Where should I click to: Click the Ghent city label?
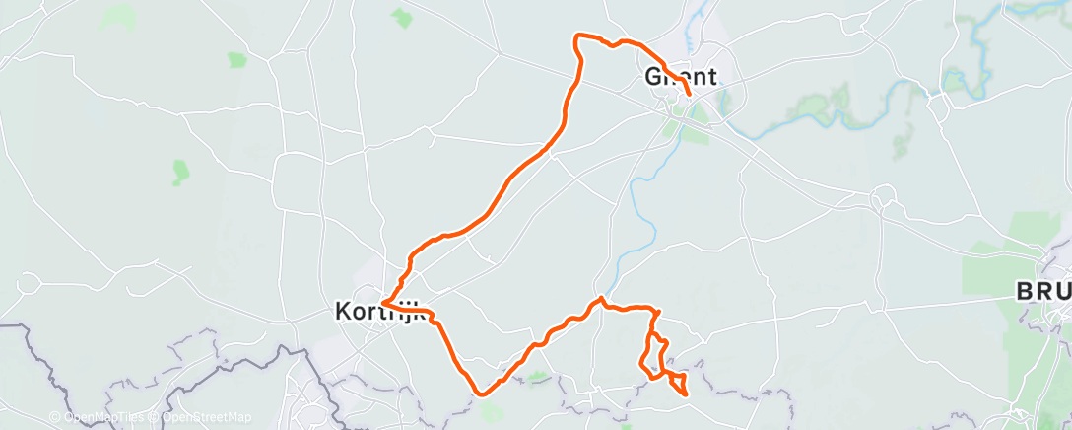(x=680, y=76)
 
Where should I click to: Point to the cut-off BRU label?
(x=1044, y=292)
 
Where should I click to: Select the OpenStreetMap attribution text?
(x=202, y=417)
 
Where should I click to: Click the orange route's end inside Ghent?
(x=688, y=95)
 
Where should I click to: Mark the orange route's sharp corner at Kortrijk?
(x=382, y=302)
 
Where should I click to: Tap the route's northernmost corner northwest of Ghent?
(x=577, y=36)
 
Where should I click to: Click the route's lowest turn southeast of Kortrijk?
(x=480, y=393)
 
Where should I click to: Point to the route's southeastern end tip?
(x=684, y=395)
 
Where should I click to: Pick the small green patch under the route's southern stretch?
(x=537, y=376)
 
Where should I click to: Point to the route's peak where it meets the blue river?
(x=600, y=298)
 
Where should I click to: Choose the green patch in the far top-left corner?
(x=118, y=14)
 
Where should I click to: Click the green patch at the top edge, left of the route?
(x=401, y=17)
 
